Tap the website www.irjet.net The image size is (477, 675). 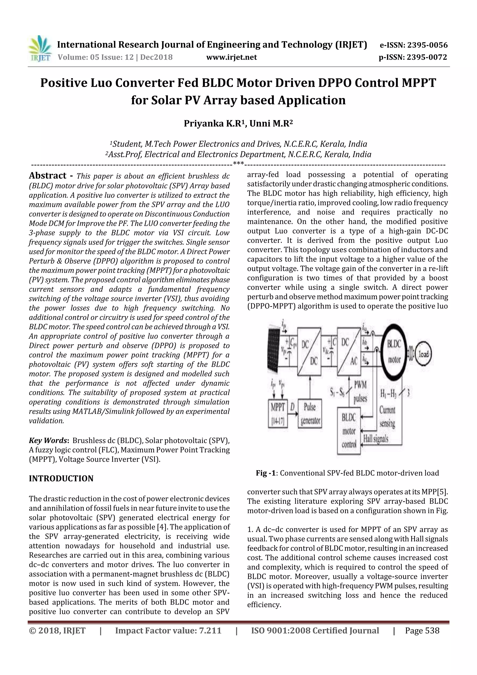click(x=232, y=57)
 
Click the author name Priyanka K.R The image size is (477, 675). click(x=214, y=124)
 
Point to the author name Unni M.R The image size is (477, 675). click(x=271, y=124)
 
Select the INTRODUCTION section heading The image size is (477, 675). click(x=61, y=479)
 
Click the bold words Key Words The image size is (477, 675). click(x=48, y=440)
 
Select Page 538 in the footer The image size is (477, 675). click(x=422, y=630)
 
